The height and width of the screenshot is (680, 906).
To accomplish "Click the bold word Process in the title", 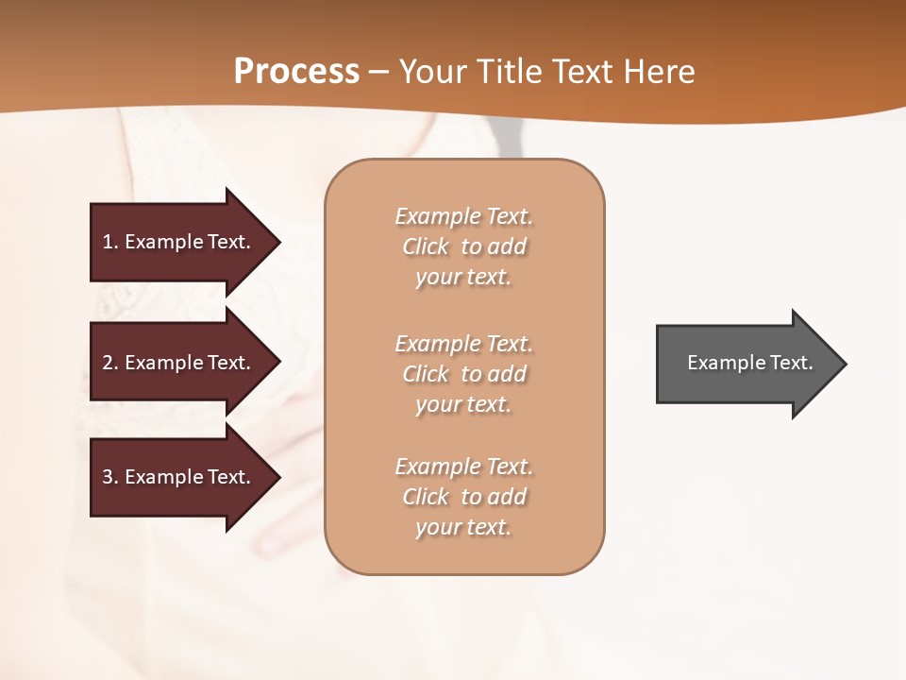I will pos(296,72).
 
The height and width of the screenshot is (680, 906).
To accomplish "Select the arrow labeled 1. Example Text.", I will pos(179,242).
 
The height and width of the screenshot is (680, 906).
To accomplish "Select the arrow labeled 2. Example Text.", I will pos(179,363).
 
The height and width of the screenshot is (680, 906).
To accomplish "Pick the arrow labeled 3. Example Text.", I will pos(179,477).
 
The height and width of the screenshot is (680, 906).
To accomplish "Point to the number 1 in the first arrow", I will pos(108,242).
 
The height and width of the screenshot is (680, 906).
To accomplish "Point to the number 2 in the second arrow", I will pos(108,363).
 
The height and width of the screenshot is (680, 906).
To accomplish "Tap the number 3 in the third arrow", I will pos(108,477).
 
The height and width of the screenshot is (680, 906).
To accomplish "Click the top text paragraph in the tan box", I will pos(463,246).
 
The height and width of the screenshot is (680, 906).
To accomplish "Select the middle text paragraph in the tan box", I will pos(463,374).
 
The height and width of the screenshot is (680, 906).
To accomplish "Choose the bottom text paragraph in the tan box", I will pos(463,497).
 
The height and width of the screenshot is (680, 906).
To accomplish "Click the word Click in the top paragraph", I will pos(426,246).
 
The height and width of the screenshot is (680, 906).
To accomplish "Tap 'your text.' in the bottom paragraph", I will pos(463,527).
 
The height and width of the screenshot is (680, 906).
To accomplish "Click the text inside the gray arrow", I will pos(749,363).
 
